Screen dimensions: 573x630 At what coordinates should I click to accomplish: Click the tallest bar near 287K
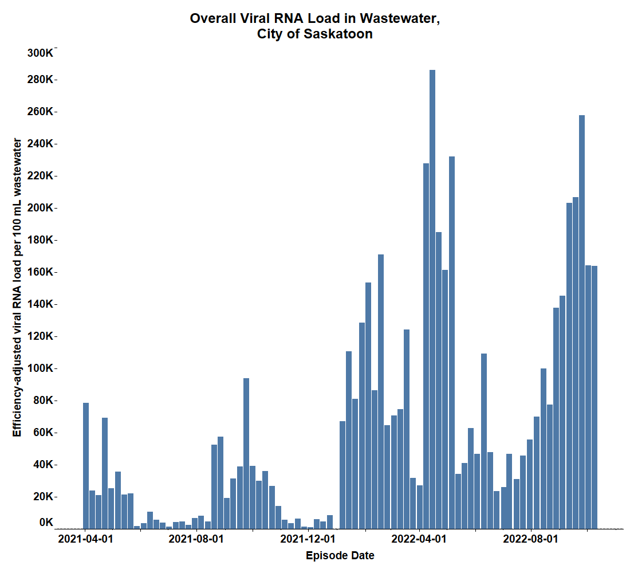point(432,298)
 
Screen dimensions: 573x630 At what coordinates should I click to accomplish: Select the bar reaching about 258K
point(582,321)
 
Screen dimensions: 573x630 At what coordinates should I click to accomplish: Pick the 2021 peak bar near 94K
point(246,453)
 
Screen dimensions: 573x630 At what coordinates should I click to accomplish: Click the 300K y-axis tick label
point(40,53)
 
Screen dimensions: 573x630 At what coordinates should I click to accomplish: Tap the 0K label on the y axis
point(46,522)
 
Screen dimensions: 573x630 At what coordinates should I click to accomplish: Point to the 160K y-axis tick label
point(40,272)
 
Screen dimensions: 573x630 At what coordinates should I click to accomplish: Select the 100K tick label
point(40,368)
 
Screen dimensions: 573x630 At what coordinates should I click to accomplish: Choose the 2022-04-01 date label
point(419,539)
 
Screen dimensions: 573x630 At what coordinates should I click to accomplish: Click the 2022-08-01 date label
point(531,539)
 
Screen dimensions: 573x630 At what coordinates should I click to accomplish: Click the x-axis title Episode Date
point(340,556)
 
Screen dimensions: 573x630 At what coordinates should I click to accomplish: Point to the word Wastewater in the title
point(400,19)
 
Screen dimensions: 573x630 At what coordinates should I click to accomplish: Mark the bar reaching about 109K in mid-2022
point(484,441)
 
